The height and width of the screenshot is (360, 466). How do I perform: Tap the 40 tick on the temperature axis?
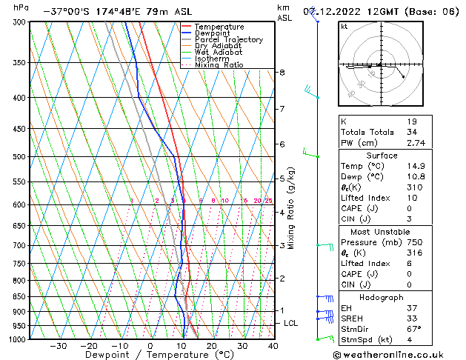click(273, 346)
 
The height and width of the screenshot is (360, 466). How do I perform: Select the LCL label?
click(291, 324)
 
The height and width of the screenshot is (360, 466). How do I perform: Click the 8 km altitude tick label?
click(282, 73)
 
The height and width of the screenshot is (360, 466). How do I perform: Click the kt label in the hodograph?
click(344, 26)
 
